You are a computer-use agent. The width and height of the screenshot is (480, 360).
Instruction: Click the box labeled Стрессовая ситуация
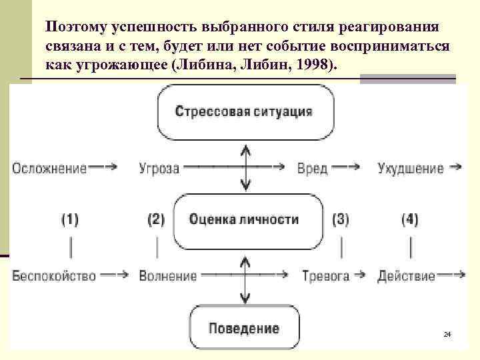point(244,112)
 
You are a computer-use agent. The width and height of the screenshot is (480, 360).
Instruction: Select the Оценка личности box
point(244,219)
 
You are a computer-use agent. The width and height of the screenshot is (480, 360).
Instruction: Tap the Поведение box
point(244,328)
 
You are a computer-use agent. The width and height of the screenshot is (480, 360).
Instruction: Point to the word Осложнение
point(49,168)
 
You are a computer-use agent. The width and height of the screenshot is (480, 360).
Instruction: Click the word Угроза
point(159,168)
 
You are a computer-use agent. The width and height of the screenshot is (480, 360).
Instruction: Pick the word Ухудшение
point(410,168)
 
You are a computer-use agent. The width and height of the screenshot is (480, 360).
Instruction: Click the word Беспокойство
point(54,275)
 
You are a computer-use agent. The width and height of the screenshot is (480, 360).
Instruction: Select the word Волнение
point(168,275)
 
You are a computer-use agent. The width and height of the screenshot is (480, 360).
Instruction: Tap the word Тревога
point(326,275)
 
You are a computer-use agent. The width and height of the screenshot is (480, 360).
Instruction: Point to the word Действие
point(406,275)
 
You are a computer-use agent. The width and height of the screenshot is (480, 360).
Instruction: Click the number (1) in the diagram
point(70,219)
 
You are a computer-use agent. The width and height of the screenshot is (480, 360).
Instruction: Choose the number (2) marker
point(155,219)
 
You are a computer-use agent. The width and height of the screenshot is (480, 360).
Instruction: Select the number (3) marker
point(340,219)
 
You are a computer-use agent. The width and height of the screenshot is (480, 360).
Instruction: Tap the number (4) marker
point(409,219)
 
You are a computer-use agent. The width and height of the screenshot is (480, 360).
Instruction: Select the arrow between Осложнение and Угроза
point(106,168)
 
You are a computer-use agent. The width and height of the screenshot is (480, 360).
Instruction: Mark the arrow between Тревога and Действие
point(360,275)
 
